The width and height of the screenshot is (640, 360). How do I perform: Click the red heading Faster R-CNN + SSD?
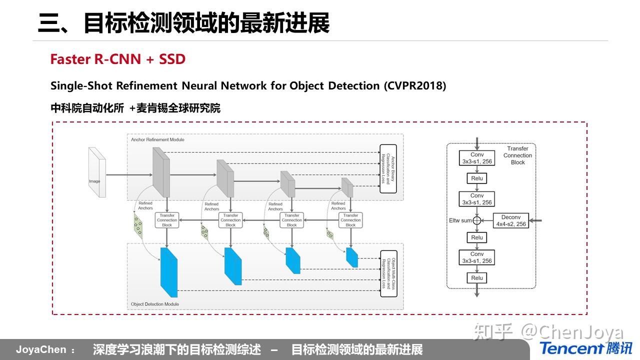click(x=117, y=59)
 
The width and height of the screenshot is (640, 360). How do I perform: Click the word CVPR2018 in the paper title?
click(x=414, y=85)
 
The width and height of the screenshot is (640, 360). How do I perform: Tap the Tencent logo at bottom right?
click(x=585, y=348)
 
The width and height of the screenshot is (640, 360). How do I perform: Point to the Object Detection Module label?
click(x=154, y=304)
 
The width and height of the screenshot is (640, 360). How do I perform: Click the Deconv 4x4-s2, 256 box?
click(x=510, y=220)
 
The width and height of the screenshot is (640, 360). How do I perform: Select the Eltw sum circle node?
click(x=477, y=220)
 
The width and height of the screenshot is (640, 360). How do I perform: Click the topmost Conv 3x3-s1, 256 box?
click(x=477, y=158)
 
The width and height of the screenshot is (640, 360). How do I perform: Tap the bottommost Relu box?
click(x=477, y=278)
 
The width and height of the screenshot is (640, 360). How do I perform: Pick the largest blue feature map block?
click(x=168, y=272)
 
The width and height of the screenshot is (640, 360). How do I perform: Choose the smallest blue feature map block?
click(x=352, y=257)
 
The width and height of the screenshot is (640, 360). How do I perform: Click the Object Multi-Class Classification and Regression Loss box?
click(x=388, y=273)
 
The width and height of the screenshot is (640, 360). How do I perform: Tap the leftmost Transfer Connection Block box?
click(x=167, y=220)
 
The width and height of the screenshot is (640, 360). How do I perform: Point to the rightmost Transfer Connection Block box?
click(x=350, y=220)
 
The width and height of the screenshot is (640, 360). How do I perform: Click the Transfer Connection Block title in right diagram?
click(x=517, y=155)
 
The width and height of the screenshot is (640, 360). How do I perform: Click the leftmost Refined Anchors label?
click(x=145, y=206)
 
